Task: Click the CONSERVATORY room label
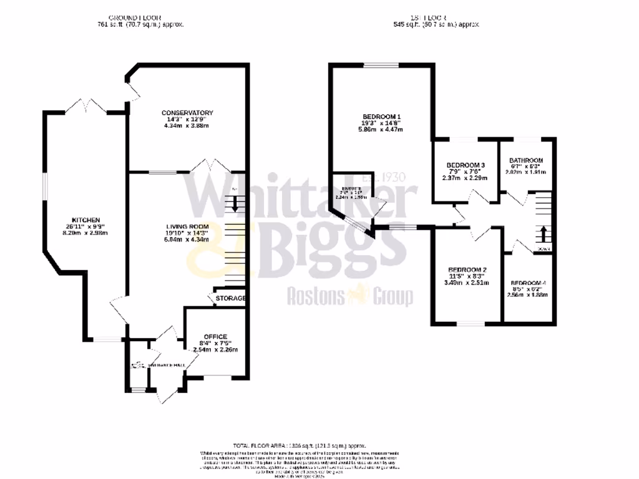coord(188,113)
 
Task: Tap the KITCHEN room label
coord(85,220)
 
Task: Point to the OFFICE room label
coord(216,337)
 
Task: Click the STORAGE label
coord(230,299)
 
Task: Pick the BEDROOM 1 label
coord(381,117)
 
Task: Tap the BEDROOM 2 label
coord(462,269)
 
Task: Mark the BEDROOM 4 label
coord(529,282)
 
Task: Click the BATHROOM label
coord(526,160)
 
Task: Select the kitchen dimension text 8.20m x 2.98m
coord(85,233)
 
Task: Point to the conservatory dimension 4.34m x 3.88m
coord(188,126)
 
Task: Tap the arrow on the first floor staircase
coord(542,235)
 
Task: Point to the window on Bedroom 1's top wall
coord(382,64)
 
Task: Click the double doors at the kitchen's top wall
coord(87,106)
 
